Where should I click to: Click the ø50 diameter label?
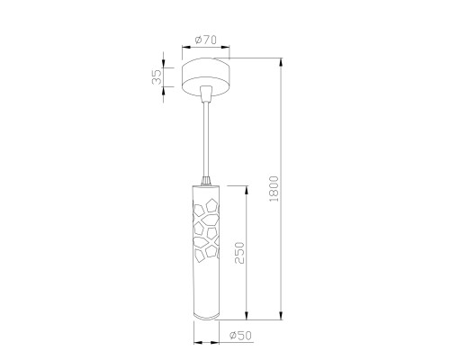point(238,337)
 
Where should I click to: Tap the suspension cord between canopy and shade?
point(208,135)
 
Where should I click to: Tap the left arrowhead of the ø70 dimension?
point(184,48)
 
